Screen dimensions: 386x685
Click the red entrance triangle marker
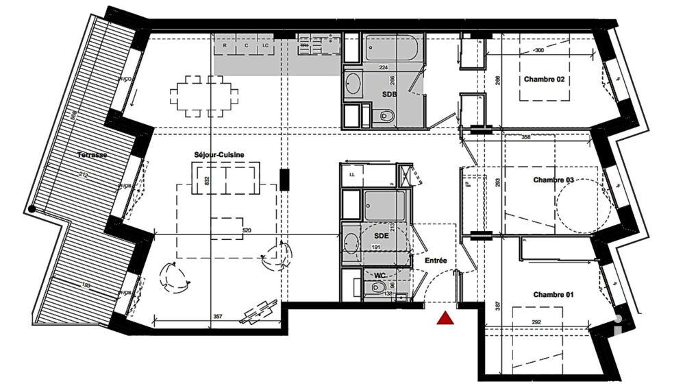click(x=445, y=317)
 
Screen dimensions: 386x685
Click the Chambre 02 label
click(x=545, y=80)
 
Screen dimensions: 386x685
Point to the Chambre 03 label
click(x=553, y=180)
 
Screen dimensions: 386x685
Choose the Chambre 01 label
click(x=553, y=295)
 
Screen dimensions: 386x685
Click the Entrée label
click(x=436, y=261)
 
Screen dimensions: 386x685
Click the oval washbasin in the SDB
click(x=353, y=84)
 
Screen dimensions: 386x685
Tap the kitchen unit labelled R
click(x=225, y=47)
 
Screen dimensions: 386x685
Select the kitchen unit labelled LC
click(x=264, y=47)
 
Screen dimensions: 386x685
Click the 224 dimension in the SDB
click(x=384, y=67)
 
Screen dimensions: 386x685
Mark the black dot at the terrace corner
click(x=32, y=210)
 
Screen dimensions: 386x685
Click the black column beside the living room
click(x=284, y=180)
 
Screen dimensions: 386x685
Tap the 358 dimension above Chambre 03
click(x=525, y=137)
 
